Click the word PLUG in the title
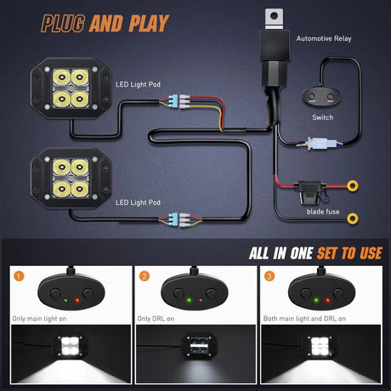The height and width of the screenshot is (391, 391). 63,23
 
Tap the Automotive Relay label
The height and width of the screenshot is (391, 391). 324,38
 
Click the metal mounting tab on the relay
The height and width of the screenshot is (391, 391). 274,19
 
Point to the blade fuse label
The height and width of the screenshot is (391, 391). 323,212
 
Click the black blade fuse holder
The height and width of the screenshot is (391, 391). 310,192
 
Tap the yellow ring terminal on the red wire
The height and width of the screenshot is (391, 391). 352,186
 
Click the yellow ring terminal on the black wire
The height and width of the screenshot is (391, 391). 353,218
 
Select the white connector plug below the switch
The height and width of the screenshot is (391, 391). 322,144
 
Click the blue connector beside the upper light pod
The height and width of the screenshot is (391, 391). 173,101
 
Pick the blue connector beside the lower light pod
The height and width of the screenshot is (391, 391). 173,219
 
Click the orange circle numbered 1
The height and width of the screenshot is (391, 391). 19,276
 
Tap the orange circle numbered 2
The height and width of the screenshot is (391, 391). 144,276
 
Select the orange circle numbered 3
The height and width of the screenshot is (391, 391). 269,276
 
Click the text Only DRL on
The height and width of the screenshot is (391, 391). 156,319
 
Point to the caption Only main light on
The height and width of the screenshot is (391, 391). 39,319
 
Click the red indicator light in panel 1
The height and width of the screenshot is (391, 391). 77,300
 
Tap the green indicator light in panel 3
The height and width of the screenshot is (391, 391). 316,300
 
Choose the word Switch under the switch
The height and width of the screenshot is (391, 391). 323,117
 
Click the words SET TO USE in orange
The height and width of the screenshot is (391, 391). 349,253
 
